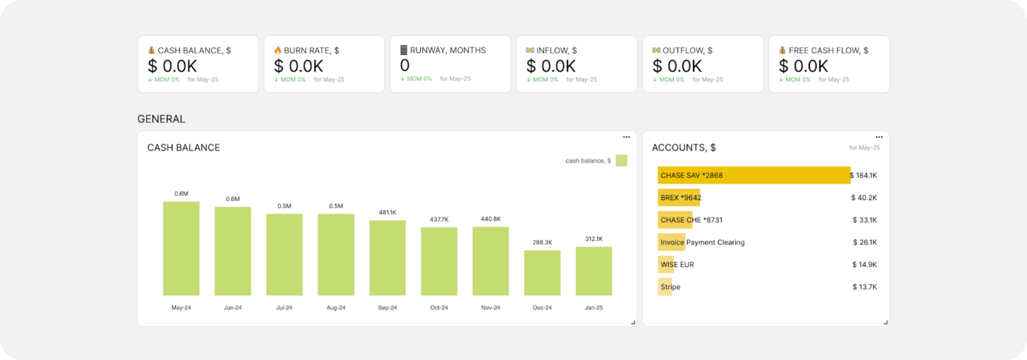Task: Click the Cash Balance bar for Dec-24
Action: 542,273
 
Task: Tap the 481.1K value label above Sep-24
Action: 388,213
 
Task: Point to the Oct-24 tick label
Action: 439,308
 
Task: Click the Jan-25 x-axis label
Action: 594,308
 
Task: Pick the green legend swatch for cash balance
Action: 621,160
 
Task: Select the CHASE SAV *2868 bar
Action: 754,175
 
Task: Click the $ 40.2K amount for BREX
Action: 864,197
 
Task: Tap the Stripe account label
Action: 670,287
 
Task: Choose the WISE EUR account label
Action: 677,265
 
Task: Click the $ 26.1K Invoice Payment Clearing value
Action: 864,242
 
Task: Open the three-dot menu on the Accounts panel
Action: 879,137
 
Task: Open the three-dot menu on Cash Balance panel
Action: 626,137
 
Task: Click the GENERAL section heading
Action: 161,119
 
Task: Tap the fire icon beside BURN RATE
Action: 278,51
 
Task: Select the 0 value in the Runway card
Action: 404,66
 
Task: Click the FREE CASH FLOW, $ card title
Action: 828,51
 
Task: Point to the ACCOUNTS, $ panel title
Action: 683,147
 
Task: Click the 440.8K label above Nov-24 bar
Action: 491,219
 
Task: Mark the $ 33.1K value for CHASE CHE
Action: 864,220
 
